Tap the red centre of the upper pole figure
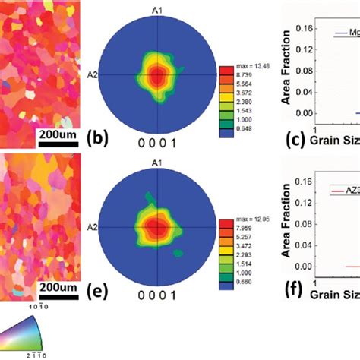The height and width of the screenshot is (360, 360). [156, 74]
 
